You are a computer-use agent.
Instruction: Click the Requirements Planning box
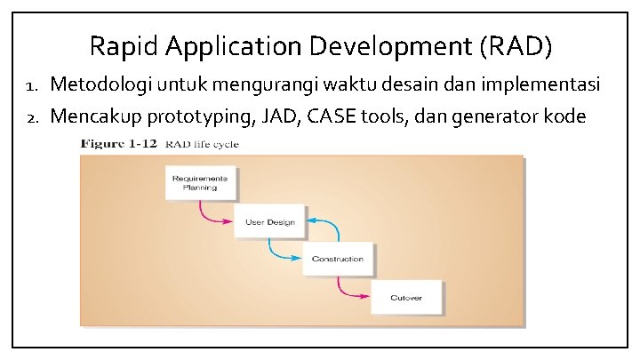(200, 184)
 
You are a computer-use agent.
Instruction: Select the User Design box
(268, 221)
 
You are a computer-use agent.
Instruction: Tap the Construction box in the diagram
(338, 259)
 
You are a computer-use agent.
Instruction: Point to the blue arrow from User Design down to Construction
(280, 253)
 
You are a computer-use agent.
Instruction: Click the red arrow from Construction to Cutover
(349, 291)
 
